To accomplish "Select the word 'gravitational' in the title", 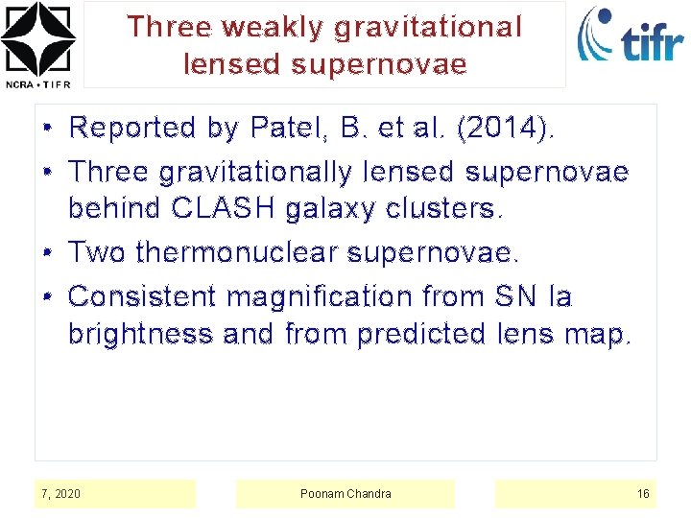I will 428,27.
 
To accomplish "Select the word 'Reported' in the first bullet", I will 130,128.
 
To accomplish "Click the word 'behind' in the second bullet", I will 114,208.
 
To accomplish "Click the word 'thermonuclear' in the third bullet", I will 237,252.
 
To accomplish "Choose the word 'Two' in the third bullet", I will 99,252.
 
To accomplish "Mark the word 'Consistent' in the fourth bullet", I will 143,296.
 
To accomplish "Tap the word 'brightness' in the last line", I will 141,335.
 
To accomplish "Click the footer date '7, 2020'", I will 60,494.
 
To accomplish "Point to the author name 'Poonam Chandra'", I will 345,494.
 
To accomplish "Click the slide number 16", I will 643,494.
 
